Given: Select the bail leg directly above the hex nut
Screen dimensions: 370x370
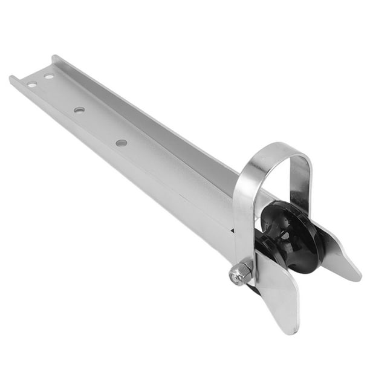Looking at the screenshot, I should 244,218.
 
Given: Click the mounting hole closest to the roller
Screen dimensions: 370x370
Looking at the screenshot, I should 122,143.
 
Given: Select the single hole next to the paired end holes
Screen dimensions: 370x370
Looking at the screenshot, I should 79,110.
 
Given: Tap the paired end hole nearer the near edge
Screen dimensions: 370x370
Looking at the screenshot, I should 31,85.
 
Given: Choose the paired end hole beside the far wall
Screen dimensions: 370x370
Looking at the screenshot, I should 48,76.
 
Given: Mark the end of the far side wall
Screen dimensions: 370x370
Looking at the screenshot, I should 55,58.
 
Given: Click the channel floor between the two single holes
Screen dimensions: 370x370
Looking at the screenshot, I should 100,126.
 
